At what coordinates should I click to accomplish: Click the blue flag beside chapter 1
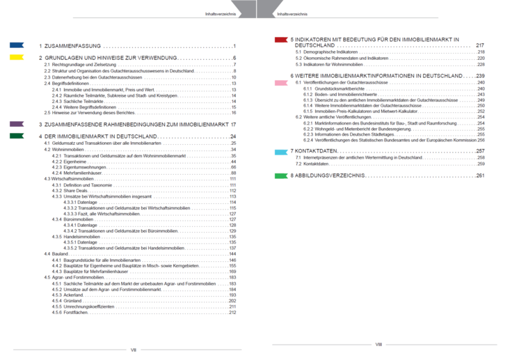point(17,45)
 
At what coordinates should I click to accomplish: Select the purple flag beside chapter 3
point(17,123)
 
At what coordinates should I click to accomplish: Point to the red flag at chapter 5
point(282,40)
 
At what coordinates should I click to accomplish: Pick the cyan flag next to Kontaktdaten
point(282,150)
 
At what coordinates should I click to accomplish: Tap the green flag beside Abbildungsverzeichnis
point(282,176)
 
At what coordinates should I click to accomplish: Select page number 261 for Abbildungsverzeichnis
point(480,176)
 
